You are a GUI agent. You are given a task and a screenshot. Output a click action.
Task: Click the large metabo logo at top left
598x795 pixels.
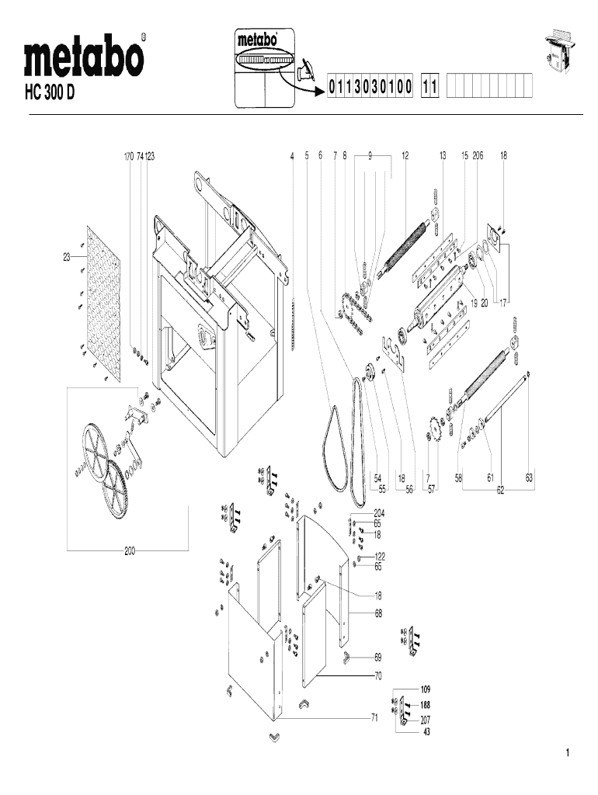coord(85,57)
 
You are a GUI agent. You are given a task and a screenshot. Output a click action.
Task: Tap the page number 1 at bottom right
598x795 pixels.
coord(568,753)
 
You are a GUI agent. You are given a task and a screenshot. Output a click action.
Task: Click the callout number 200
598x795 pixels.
coord(130,550)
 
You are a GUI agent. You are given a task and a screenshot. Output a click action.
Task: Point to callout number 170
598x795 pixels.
coord(129,156)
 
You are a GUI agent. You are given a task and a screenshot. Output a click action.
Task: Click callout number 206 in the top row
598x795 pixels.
coord(478,156)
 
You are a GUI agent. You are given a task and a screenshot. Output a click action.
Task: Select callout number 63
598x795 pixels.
coord(529,478)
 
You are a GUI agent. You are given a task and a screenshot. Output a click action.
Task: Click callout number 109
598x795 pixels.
coord(426,689)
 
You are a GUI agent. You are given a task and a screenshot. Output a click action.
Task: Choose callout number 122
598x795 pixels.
coord(380,557)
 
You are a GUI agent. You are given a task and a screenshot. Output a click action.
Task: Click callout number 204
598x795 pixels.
coord(379,513)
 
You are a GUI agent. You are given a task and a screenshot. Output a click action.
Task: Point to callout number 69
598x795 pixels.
coord(378,657)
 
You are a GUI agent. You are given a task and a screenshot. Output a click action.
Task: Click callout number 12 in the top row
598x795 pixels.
coord(405,156)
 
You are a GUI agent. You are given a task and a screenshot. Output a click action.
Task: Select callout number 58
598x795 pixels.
coord(459,478)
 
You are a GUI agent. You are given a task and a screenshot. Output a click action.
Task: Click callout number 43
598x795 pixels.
coord(426,731)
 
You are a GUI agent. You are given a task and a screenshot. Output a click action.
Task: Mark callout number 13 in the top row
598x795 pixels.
coord(443,156)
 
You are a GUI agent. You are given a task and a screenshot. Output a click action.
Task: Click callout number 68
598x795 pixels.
coord(378,613)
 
